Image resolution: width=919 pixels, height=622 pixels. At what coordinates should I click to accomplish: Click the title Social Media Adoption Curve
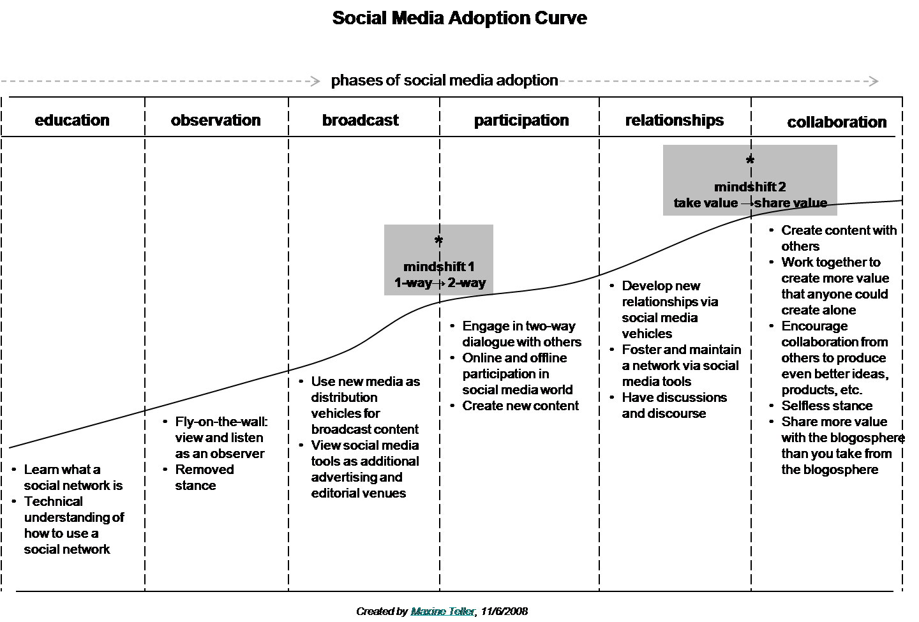(x=459, y=18)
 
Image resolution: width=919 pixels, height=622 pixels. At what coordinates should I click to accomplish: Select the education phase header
(x=72, y=121)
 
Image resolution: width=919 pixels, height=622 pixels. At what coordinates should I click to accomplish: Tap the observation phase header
(x=216, y=121)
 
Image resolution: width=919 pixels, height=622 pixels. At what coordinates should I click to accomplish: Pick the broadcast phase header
(x=360, y=121)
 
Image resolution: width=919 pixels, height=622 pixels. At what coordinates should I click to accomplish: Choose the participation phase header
(x=521, y=121)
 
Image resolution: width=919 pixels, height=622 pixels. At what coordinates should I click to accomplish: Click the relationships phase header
(x=675, y=121)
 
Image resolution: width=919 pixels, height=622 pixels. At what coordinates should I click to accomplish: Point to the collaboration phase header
(x=837, y=122)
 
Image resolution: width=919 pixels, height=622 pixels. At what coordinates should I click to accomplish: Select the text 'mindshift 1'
(x=438, y=267)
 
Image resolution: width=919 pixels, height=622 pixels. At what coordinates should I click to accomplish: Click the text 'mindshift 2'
(x=750, y=187)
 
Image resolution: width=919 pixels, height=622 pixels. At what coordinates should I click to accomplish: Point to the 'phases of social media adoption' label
(x=444, y=80)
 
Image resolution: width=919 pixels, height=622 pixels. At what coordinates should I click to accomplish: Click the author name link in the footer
(x=442, y=611)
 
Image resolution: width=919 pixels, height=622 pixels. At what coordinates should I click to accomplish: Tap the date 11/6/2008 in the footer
(x=504, y=611)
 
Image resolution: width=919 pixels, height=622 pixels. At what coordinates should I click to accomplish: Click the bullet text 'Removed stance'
(x=204, y=477)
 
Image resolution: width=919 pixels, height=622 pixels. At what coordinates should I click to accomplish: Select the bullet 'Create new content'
(x=520, y=406)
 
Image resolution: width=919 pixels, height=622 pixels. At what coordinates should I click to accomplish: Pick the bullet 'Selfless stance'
(x=826, y=406)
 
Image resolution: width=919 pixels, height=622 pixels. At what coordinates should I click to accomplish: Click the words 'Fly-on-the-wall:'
(x=221, y=422)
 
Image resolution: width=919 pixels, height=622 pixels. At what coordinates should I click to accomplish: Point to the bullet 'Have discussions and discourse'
(x=674, y=405)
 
